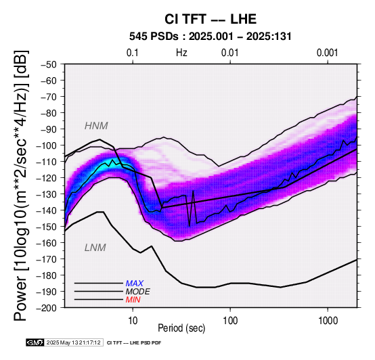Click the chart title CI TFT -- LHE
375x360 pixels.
point(211,19)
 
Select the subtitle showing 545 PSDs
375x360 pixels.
point(211,37)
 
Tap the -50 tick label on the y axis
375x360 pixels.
point(48,64)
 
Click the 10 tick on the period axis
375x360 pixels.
point(133,321)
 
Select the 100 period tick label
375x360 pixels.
point(230,321)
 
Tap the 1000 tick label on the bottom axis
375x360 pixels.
point(328,321)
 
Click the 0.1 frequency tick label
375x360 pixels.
point(133,53)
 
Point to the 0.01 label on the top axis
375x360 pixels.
point(230,53)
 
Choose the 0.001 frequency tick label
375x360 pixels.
point(328,53)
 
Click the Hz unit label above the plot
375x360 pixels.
point(181,53)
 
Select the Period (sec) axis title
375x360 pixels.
point(181,328)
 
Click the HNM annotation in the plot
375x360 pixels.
point(96,126)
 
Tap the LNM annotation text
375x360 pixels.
point(95,248)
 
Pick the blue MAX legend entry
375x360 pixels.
point(135,284)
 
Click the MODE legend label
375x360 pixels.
point(138,292)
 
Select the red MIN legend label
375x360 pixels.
point(133,300)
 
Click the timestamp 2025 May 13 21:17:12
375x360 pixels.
point(74,343)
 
